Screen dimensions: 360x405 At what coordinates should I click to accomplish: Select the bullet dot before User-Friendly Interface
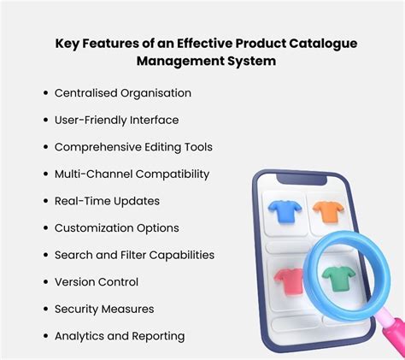[x=43, y=120]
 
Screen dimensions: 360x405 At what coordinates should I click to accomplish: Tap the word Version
[x=74, y=281]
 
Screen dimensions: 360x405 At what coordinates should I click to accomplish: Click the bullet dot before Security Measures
[x=43, y=309]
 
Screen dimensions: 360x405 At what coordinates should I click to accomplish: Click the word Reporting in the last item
[x=156, y=336]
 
